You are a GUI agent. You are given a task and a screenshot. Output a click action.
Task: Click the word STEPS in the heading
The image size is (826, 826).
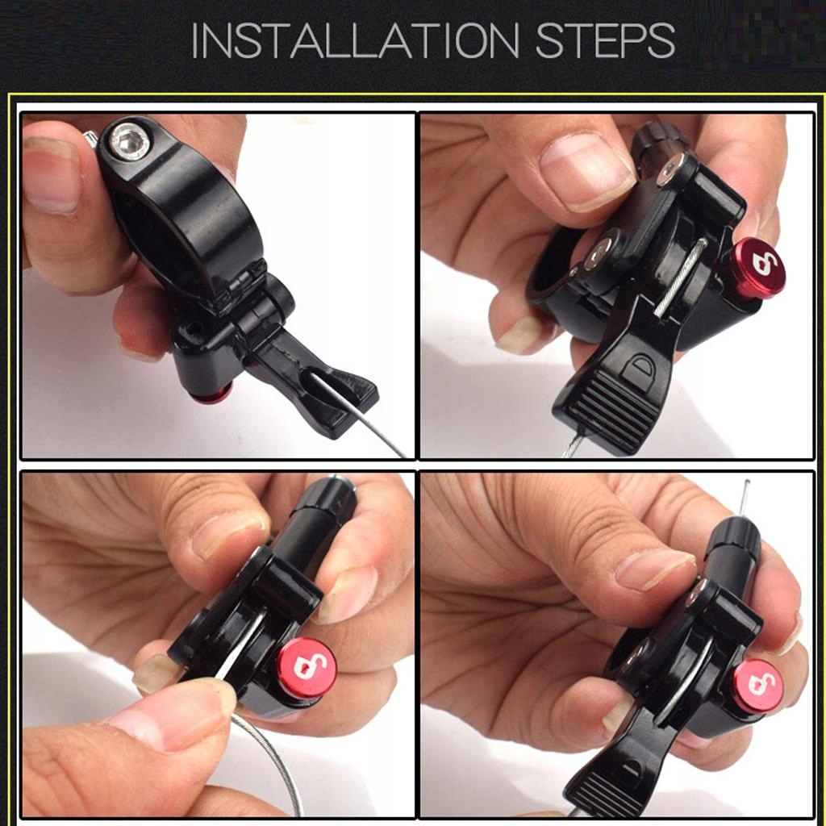pyautogui.click(x=605, y=40)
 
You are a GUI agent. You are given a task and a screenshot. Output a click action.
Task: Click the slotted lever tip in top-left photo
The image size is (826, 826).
pyautogui.click(x=337, y=400)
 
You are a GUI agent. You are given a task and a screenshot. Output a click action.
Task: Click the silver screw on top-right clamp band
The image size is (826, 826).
pyautogui.click(x=599, y=252)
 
